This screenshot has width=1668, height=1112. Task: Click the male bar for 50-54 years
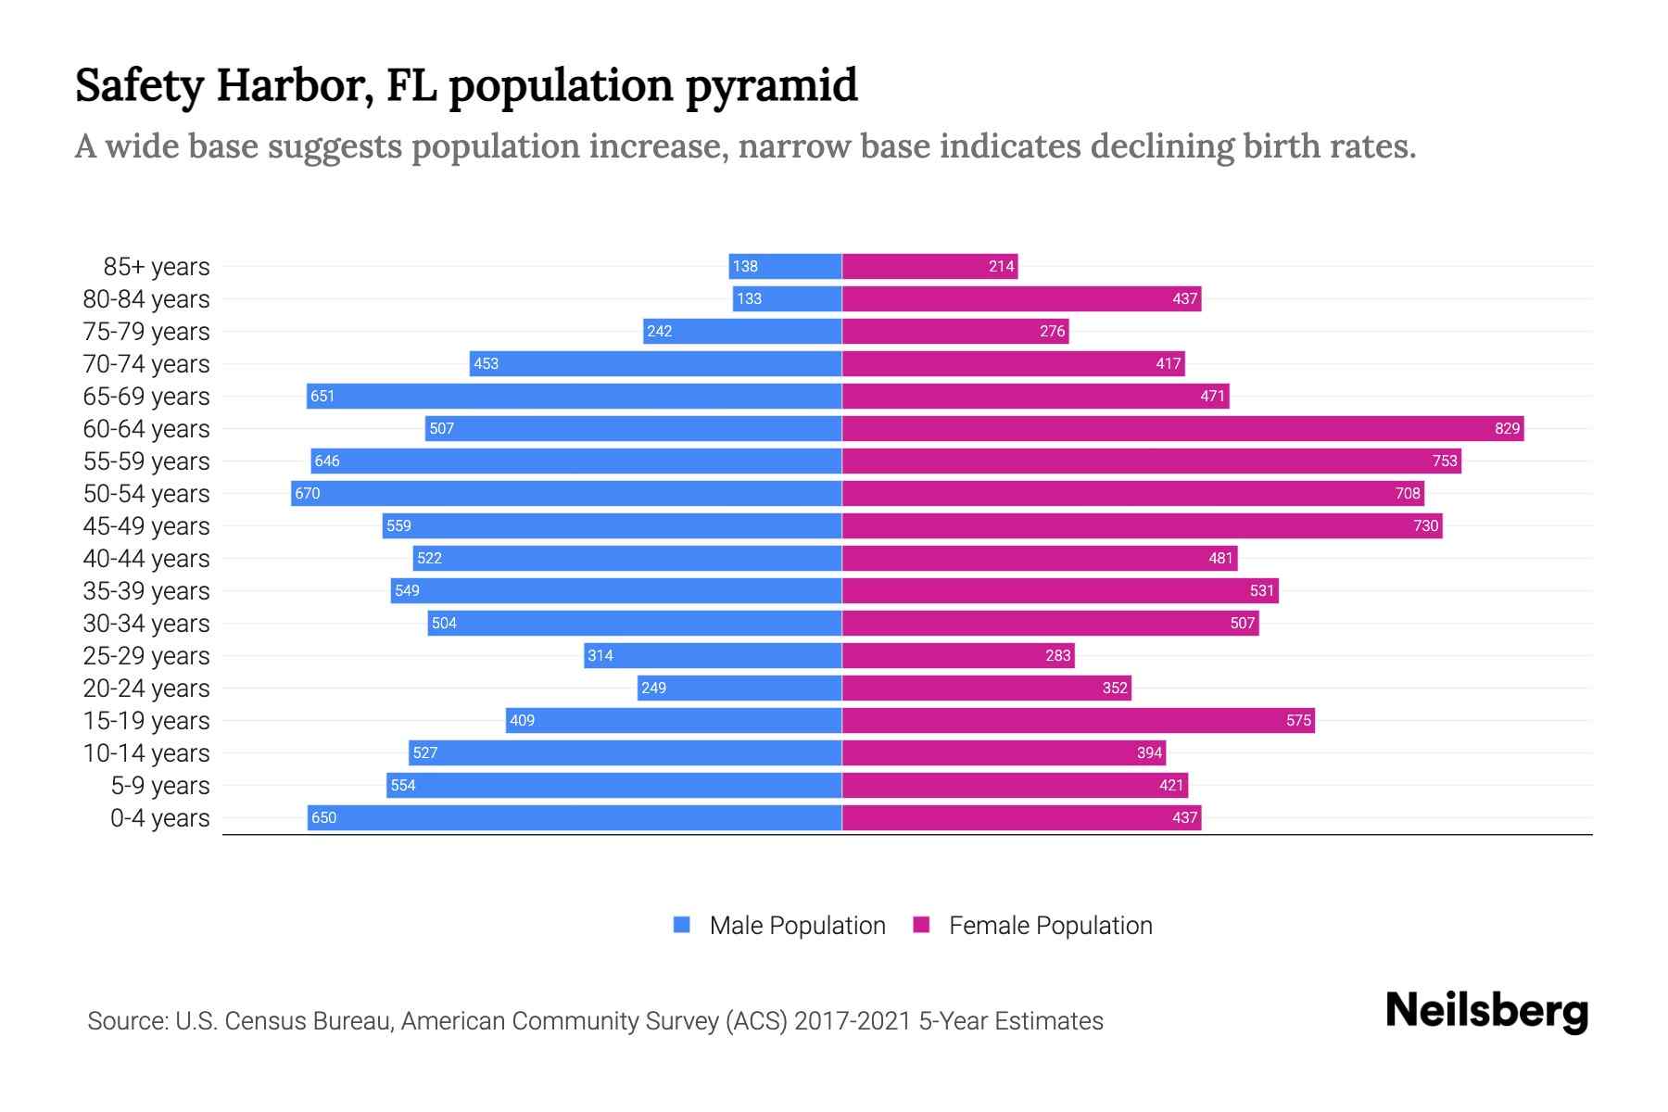[x=566, y=493]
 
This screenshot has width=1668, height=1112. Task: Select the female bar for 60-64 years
[x=1182, y=428]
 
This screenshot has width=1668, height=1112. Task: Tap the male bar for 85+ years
[x=785, y=266]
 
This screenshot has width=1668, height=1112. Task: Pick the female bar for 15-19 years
[x=1078, y=720]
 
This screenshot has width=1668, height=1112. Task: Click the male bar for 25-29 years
[x=713, y=655]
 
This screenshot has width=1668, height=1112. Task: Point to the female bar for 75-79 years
[x=955, y=331]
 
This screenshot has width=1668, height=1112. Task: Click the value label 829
[x=1507, y=428]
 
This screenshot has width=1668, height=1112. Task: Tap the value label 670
[x=308, y=493]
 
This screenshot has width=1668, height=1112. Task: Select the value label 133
[x=749, y=298]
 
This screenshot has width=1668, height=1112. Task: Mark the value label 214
[x=1001, y=266]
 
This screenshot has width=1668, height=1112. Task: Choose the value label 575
[x=1298, y=720]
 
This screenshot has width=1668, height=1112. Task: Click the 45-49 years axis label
[x=146, y=525]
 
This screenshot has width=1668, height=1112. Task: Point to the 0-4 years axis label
[x=159, y=817]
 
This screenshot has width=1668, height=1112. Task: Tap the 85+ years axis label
[x=157, y=266]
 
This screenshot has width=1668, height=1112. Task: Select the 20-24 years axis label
[x=146, y=688]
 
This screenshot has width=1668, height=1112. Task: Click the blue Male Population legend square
[x=682, y=925]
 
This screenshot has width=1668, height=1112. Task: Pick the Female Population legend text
[x=1050, y=925]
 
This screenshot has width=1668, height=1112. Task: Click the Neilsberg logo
[x=1486, y=1010]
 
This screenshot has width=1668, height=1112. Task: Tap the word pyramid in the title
[x=771, y=85]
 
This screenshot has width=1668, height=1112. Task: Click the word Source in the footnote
[x=127, y=1020]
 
